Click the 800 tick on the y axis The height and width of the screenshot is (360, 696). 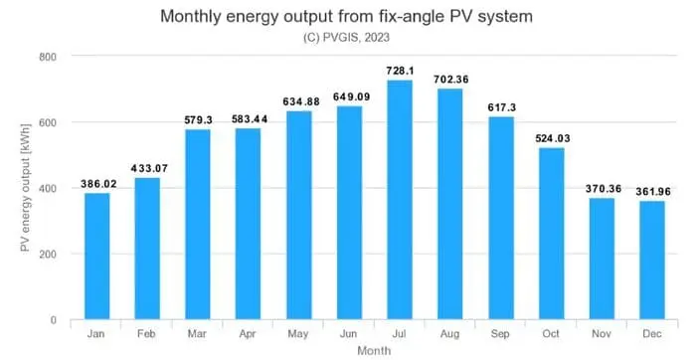point(47,57)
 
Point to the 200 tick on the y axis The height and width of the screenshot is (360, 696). point(47,255)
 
